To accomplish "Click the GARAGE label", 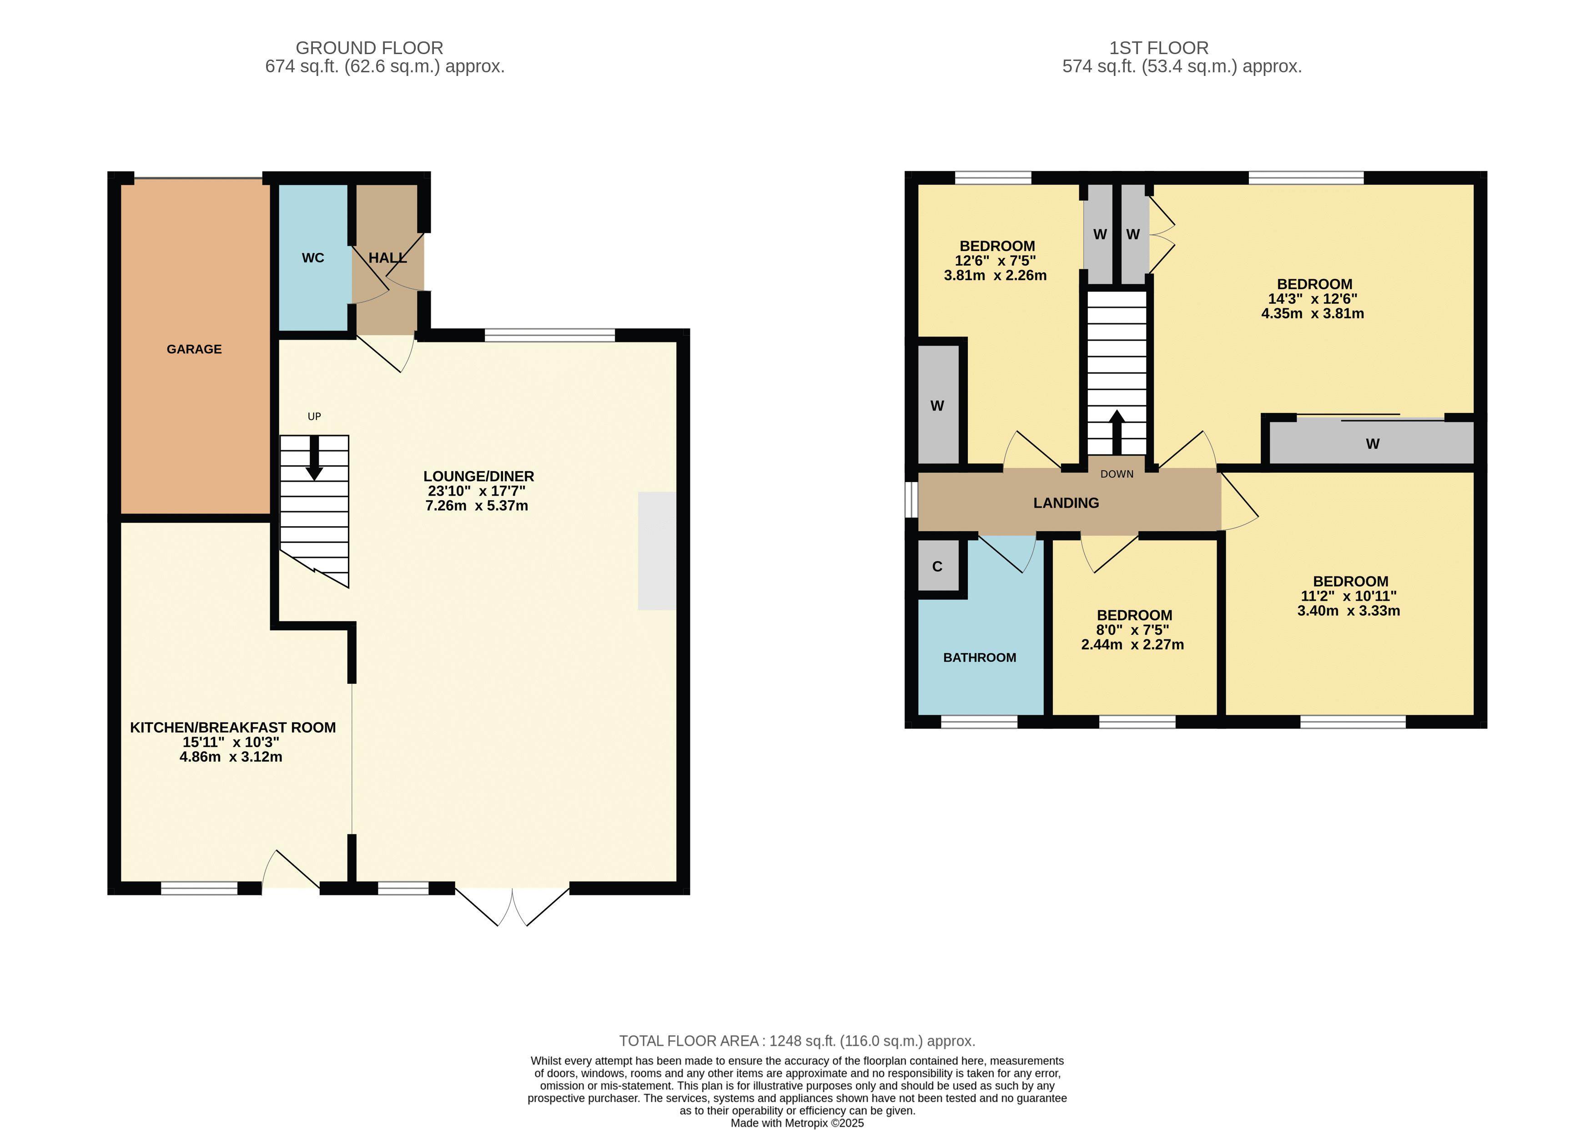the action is pyautogui.click(x=194, y=349).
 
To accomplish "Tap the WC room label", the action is pyautogui.click(x=313, y=258).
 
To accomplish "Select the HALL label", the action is pyautogui.click(x=387, y=258).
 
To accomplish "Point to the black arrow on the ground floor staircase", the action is pyautogui.click(x=315, y=458).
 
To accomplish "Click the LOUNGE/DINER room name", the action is pyautogui.click(x=479, y=477).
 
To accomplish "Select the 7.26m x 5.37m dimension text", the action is pyautogui.click(x=477, y=506).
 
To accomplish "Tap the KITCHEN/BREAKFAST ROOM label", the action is pyautogui.click(x=233, y=728).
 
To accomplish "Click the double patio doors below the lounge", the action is pyautogui.click(x=512, y=907).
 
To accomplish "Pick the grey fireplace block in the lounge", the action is pyautogui.click(x=657, y=551).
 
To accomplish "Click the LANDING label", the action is pyautogui.click(x=1066, y=503).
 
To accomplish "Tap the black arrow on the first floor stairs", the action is pyautogui.click(x=1117, y=432).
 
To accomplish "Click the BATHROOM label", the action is pyautogui.click(x=980, y=658).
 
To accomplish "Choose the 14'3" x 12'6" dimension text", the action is pyautogui.click(x=1313, y=299).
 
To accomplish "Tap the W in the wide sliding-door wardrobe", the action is pyautogui.click(x=1372, y=444).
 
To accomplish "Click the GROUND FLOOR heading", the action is pyautogui.click(x=369, y=48).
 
